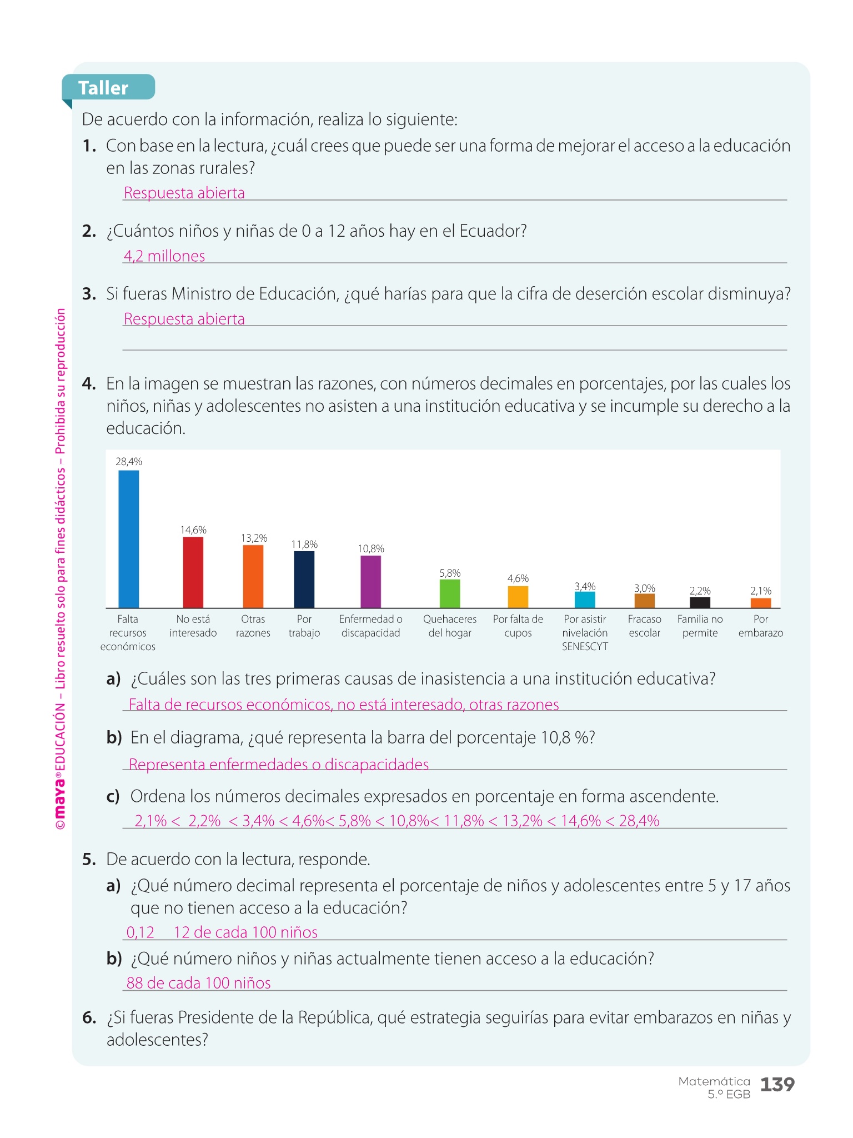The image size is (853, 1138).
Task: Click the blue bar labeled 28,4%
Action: pyautogui.click(x=128, y=538)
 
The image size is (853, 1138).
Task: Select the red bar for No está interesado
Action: pyautogui.click(x=193, y=572)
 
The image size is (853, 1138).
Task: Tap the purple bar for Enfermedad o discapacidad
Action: pyautogui.click(x=370, y=581)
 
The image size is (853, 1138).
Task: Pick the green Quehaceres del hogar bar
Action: pyautogui.click(x=449, y=593)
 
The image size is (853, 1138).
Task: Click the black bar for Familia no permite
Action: pyautogui.click(x=700, y=602)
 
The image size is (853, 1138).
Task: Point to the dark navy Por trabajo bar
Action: pyautogui.click(x=304, y=579)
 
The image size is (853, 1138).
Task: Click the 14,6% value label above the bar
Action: pyautogui.click(x=193, y=530)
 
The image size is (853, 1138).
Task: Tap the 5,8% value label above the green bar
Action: pyautogui.click(x=449, y=573)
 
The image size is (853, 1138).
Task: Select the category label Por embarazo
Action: pyautogui.click(x=760, y=626)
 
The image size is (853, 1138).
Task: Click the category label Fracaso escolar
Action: pyautogui.click(x=644, y=626)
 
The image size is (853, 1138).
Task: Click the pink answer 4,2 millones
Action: pyautogui.click(x=164, y=256)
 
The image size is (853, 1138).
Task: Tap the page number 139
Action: pyautogui.click(x=777, y=1084)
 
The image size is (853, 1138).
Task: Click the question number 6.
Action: pyautogui.click(x=89, y=1017)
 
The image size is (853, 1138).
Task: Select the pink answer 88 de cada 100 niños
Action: pyautogui.click(x=198, y=983)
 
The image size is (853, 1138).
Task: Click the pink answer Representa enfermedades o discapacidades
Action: pyautogui.click(x=279, y=765)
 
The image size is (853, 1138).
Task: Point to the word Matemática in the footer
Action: pyautogui.click(x=714, y=1081)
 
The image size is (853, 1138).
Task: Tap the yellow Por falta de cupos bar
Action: pyautogui.click(x=518, y=597)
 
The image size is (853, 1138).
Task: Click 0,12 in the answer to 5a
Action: pyautogui.click(x=140, y=932)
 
